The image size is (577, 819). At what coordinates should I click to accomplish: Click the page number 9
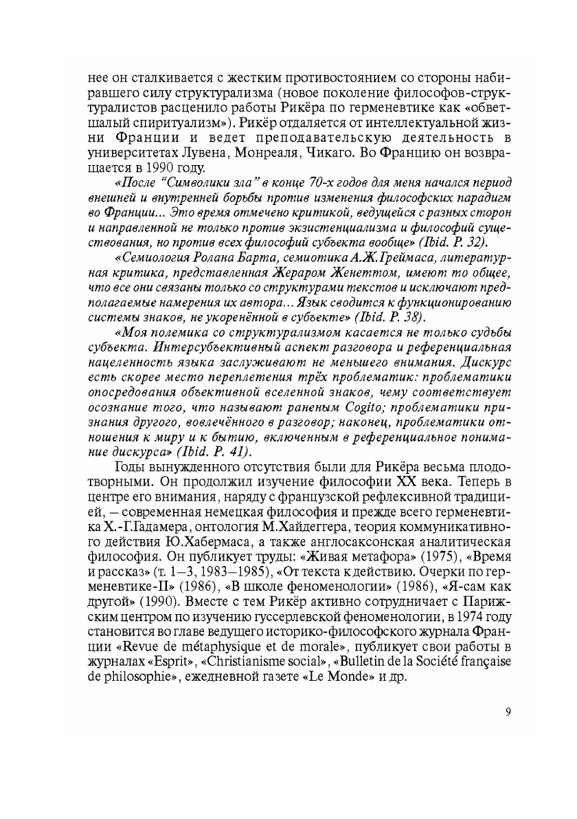[x=507, y=712]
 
